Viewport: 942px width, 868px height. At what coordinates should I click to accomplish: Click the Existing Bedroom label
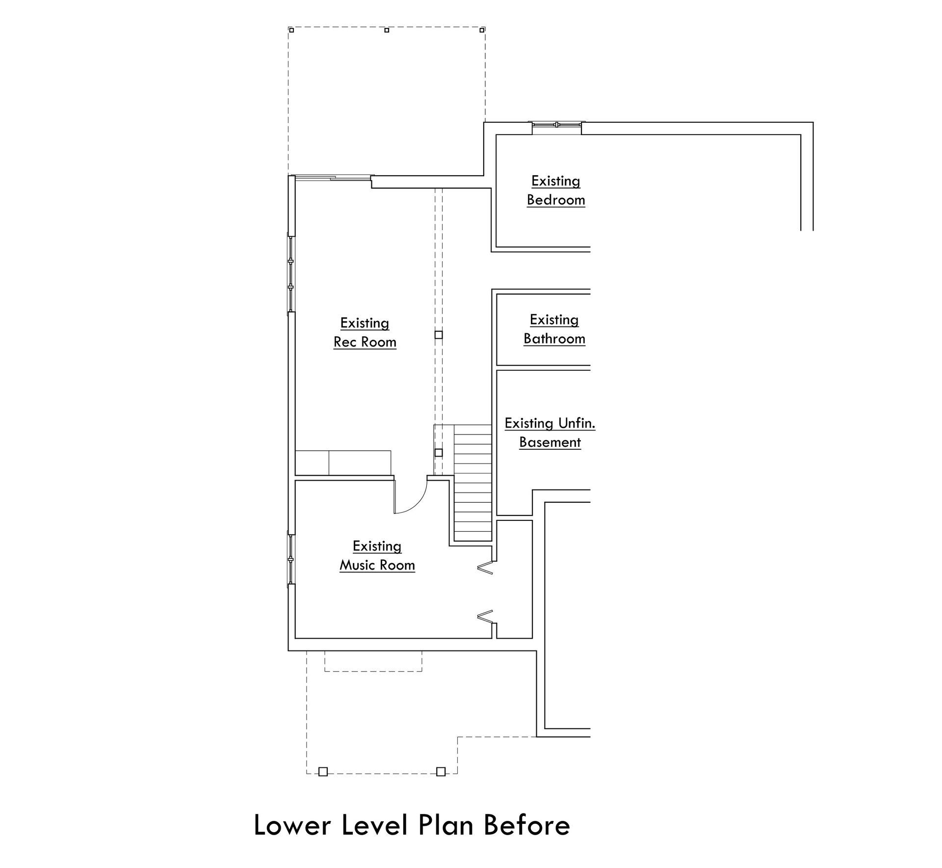556,190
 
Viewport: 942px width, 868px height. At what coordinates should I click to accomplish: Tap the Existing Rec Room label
365,332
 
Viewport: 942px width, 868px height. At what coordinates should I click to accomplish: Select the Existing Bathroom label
554,329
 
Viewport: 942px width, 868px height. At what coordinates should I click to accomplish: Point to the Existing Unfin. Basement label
550,433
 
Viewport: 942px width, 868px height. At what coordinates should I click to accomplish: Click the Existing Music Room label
377,556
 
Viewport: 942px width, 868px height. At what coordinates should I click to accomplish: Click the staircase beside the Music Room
472,484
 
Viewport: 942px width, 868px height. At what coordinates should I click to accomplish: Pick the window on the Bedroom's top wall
557,125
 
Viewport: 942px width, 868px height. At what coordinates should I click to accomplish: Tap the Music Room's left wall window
291,559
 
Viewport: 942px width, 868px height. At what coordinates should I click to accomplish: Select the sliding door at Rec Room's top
332,178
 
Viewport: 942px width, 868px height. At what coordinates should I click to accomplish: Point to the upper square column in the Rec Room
439,335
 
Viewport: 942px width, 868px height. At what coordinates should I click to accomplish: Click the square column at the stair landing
439,453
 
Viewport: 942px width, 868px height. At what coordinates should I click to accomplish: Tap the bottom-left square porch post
323,772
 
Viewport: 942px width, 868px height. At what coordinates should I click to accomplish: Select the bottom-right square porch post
441,772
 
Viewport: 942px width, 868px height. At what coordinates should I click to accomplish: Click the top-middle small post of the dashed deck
387,30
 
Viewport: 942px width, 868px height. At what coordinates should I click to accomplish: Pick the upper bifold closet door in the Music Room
485,568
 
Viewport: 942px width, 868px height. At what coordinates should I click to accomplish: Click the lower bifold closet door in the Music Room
485,616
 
